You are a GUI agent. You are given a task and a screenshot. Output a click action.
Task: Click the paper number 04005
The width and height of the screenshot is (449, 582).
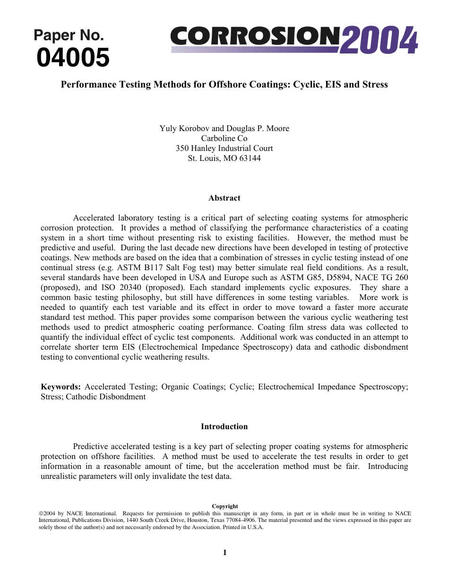(x=73, y=58)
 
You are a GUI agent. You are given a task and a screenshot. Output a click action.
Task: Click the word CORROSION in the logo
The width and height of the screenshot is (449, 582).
(x=255, y=37)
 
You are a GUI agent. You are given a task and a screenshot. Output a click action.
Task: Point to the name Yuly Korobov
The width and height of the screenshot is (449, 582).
(x=183, y=128)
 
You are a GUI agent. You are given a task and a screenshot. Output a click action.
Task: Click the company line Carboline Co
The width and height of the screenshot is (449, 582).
(x=224, y=138)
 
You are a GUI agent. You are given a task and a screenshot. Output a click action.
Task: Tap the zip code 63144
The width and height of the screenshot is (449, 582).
(x=249, y=158)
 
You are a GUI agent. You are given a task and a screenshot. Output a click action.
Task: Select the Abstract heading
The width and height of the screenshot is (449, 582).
(x=224, y=198)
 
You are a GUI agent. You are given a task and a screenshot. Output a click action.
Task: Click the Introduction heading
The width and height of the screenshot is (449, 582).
(x=224, y=426)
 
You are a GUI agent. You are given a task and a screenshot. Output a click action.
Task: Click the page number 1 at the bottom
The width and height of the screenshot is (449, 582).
(x=224, y=552)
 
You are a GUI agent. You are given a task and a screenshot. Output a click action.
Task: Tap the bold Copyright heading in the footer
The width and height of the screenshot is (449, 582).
(x=224, y=506)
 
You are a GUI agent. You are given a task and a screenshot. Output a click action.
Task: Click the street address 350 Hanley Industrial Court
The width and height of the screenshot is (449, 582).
(x=224, y=148)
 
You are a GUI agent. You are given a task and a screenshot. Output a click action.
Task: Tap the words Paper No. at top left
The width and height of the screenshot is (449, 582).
(x=69, y=35)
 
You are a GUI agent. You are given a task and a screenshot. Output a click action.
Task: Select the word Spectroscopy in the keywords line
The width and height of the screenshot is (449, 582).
(x=383, y=387)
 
